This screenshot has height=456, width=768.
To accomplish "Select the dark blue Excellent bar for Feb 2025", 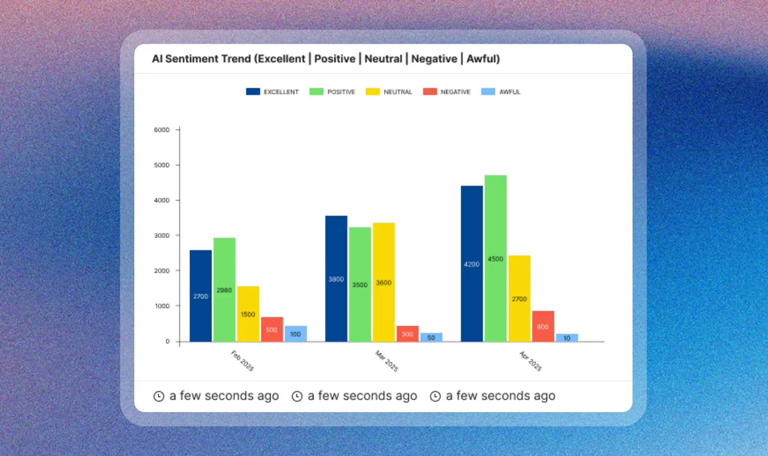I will click(x=200, y=296).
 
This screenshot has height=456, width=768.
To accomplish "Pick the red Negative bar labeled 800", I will click(x=543, y=326).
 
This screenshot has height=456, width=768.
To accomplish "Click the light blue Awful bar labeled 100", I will click(x=295, y=334).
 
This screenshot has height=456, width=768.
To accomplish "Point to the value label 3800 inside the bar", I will click(x=336, y=279).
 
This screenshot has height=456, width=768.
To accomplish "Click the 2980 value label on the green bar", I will click(x=224, y=290).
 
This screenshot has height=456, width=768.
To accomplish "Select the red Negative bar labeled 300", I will click(x=407, y=334).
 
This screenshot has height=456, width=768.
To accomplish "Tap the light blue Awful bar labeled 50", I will click(x=431, y=337).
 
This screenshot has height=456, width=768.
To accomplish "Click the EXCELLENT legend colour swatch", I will click(x=253, y=91).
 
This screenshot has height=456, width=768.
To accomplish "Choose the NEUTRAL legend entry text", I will click(x=398, y=92).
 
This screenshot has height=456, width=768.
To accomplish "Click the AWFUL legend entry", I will click(x=509, y=92).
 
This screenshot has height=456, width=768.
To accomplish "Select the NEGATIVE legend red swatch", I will click(x=430, y=91).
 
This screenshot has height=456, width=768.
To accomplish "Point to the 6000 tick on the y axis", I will click(x=162, y=130).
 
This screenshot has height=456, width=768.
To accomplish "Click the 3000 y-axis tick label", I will click(x=162, y=235).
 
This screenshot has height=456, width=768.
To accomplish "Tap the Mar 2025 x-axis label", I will click(x=387, y=361).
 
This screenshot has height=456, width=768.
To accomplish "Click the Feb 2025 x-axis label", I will click(x=243, y=361).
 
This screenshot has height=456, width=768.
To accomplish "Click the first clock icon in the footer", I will click(x=159, y=396).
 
